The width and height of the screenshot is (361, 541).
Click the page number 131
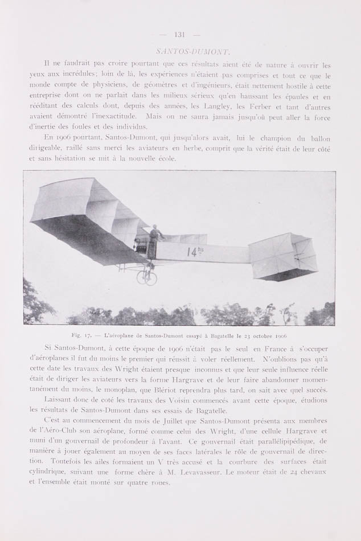point(180,35)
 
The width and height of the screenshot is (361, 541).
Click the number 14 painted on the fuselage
point(193,251)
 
